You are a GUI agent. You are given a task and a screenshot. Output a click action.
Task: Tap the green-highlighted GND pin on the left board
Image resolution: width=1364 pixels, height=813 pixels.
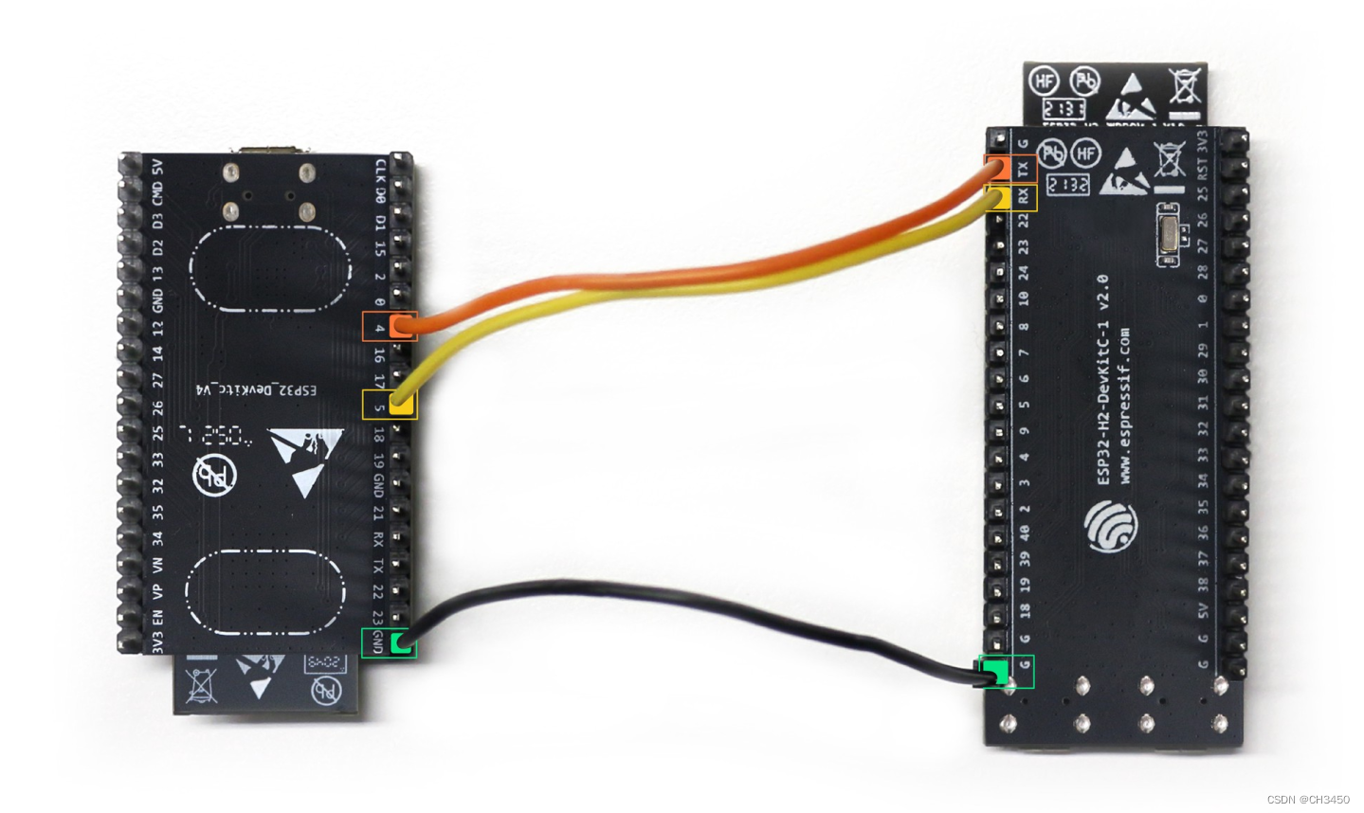point(402,643)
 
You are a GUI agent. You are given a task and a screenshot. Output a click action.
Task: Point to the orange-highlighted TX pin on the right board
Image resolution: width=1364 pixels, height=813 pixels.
point(997,169)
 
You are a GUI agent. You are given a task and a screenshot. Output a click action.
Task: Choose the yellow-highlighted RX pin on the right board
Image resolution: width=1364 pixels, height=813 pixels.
point(997,197)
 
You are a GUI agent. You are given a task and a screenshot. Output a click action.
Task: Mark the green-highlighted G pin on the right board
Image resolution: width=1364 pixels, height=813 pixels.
point(996,673)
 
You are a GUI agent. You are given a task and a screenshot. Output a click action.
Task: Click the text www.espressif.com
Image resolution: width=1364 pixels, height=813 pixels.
point(1124,407)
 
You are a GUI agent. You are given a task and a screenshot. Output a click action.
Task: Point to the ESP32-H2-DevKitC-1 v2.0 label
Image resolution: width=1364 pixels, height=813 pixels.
point(1102,379)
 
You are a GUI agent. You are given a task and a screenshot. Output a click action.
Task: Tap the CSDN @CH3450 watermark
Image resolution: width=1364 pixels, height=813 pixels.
point(1307,800)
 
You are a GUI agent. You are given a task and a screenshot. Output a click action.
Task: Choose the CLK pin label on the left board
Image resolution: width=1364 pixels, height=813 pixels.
point(380,171)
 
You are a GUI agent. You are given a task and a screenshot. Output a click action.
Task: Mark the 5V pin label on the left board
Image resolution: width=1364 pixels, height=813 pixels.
point(157,167)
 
